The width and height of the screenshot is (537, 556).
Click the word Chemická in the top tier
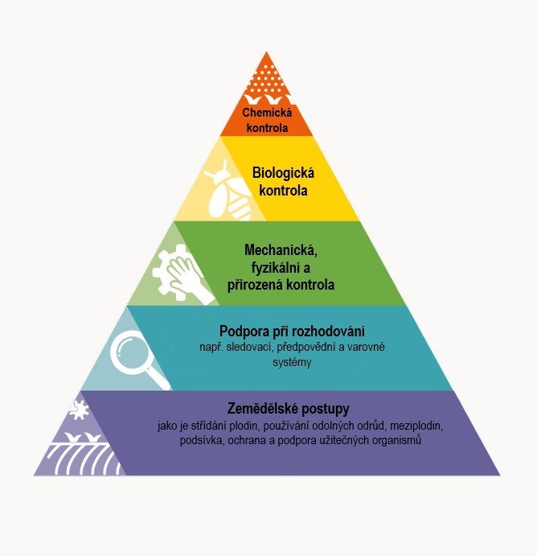click(x=267, y=113)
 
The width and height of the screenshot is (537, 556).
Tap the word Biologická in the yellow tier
click(x=283, y=173)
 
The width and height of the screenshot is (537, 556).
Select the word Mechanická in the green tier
click(x=281, y=250)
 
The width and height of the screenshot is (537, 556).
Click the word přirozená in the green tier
click(x=255, y=285)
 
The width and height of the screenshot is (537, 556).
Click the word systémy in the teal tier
click(x=292, y=362)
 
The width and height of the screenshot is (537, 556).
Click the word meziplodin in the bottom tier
click(x=416, y=425)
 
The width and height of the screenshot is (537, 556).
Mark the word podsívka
click(x=202, y=440)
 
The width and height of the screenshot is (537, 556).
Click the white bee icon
click(x=228, y=193)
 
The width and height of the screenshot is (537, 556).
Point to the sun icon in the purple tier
click(x=79, y=410)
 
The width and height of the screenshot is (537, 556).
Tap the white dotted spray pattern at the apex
click(x=266, y=80)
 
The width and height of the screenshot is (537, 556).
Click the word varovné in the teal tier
click(x=367, y=347)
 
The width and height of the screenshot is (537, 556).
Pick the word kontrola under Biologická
click(x=283, y=191)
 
